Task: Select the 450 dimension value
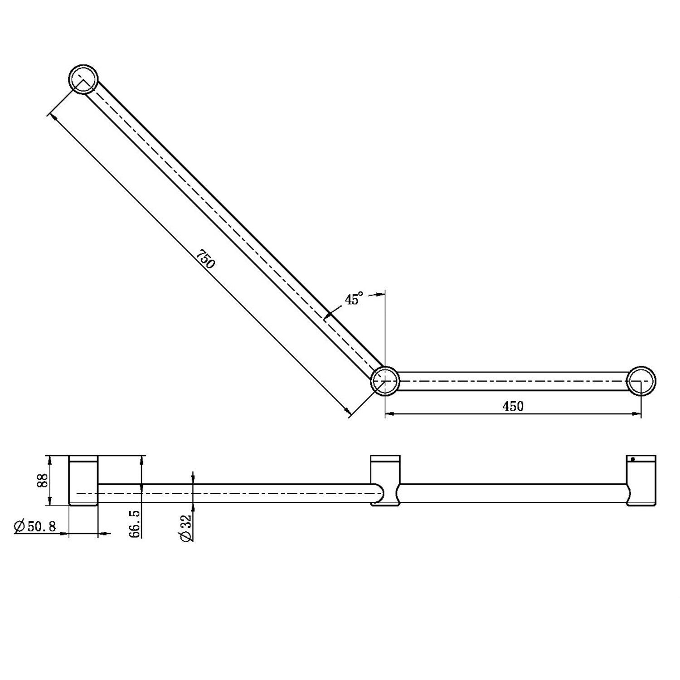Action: pyautogui.click(x=513, y=406)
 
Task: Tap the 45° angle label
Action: pyautogui.click(x=354, y=299)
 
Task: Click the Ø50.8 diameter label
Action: pyautogui.click(x=35, y=527)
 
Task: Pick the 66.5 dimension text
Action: pyautogui.click(x=135, y=523)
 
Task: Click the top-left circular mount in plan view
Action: pyautogui.click(x=83, y=78)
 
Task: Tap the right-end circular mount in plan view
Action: pyautogui.click(x=641, y=380)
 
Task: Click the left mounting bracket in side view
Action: pyautogui.click(x=83, y=481)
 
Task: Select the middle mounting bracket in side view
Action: pyautogui.click(x=385, y=481)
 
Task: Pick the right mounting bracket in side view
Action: pyautogui.click(x=641, y=481)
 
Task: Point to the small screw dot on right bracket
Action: pyautogui.click(x=633, y=460)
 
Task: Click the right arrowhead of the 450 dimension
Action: pyautogui.click(x=637, y=413)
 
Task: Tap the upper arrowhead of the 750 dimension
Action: pyautogui.click(x=54, y=117)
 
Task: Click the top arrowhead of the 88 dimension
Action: pyautogui.click(x=50, y=459)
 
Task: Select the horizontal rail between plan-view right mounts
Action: pyautogui.click(x=512, y=381)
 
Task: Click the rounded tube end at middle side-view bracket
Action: pyautogui.click(x=378, y=493)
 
